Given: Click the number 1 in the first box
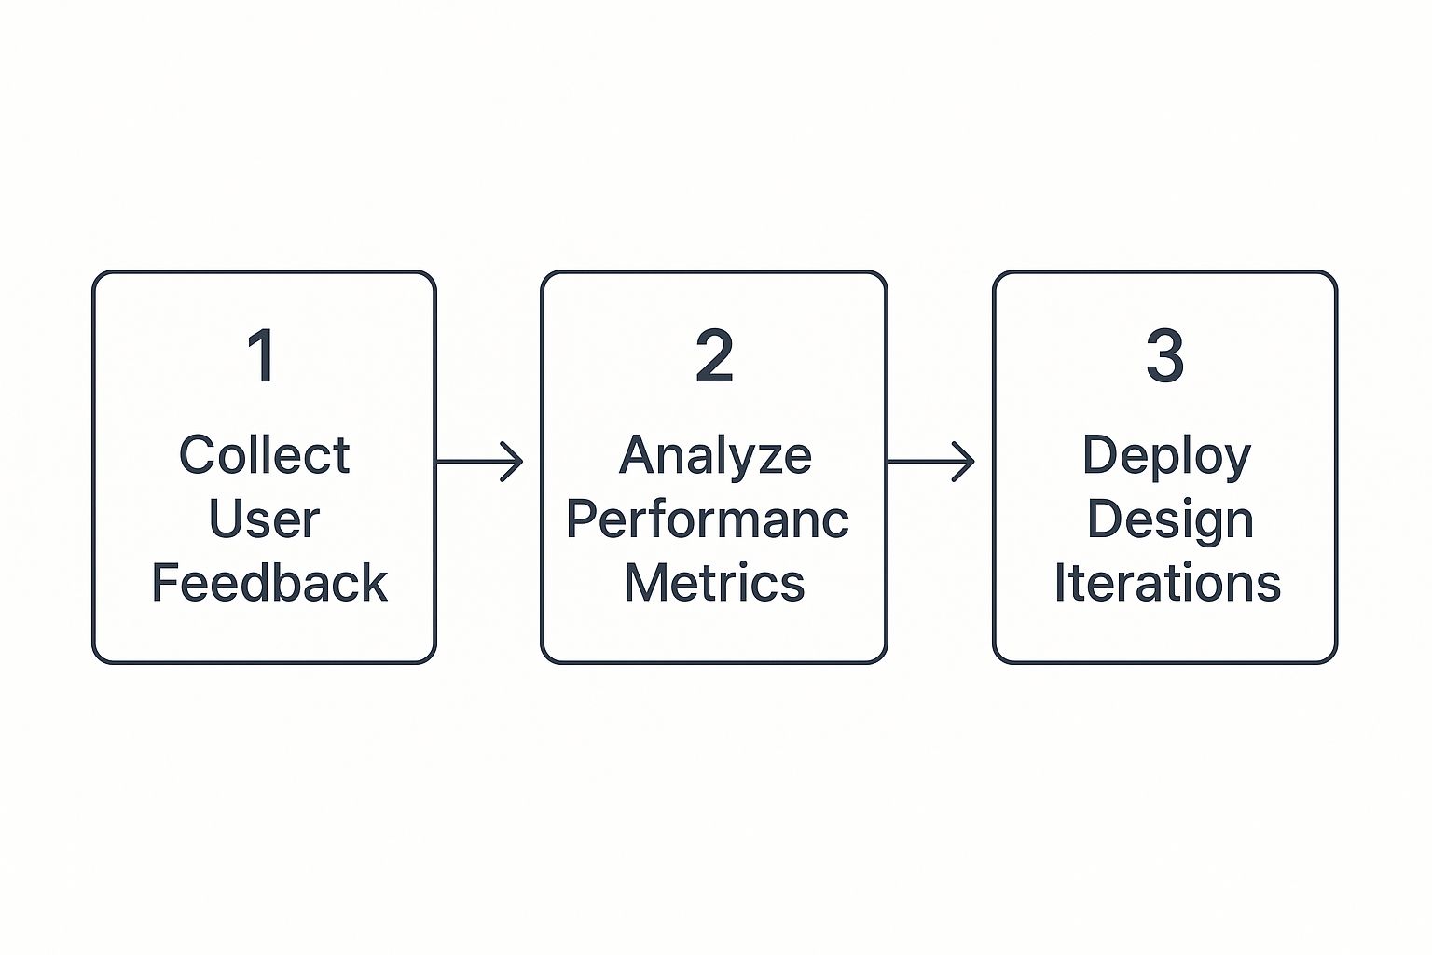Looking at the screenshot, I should pyautogui.click(x=262, y=355).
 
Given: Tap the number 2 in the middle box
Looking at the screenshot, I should pyautogui.click(x=714, y=355).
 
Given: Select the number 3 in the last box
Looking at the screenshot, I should pyautogui.click(x=1164, y=355).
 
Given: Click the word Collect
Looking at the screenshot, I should pyautogui.click(x=265, y=455).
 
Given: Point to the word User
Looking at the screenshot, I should pyautogui.click(x=265, y=519).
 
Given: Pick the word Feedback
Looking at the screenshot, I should pyautogui.click(x=268, y=583).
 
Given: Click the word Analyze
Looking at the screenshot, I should pyautogui.click(x=715, y=455).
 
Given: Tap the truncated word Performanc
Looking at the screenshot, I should pyautogui.click(x=708, y=519).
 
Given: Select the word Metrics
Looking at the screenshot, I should pyautogui.click(x=714, y=583).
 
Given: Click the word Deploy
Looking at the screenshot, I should pyautogui.click(x=1166, y=457).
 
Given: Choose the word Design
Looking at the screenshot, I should pyautogui.click(x=1170, y=519).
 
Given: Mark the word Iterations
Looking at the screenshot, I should pyautogui.click(x=1167, y=583).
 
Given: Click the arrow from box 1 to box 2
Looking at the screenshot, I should pyautogui.click(x=479, y=461).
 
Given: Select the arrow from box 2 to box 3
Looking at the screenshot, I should pyautogui.click(x=930, y=461).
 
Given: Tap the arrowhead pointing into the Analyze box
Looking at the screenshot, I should pyautogui.click(x=514, y=461).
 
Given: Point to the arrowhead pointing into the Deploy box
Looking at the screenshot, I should pyautogui.click(x=965, y=461).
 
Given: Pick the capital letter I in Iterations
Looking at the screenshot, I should pyautogui.click(x=1060, y=583).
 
